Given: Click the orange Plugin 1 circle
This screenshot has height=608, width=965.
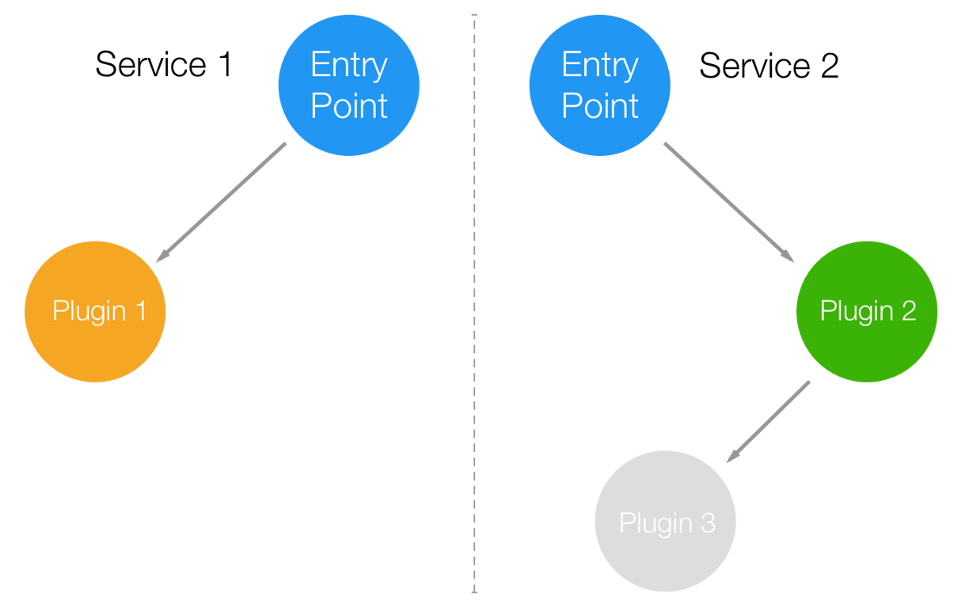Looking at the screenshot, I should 96,311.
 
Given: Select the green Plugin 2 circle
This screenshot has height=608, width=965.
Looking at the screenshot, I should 867,311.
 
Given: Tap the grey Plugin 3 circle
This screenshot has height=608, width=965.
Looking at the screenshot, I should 666,522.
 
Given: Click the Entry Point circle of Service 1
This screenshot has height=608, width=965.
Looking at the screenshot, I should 348,85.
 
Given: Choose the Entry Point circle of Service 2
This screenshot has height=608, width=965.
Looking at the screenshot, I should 599,85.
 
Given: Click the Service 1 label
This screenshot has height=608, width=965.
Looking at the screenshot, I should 164,65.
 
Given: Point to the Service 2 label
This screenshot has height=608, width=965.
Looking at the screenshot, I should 768,66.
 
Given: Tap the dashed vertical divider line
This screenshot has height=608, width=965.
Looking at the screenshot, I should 474,317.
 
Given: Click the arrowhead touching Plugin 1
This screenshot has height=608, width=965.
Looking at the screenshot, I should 161,256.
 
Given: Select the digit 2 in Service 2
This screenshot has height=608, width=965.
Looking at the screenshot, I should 828,66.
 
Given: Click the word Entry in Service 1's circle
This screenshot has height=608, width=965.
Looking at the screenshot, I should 349,65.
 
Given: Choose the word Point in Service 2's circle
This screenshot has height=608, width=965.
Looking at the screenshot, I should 600,105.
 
